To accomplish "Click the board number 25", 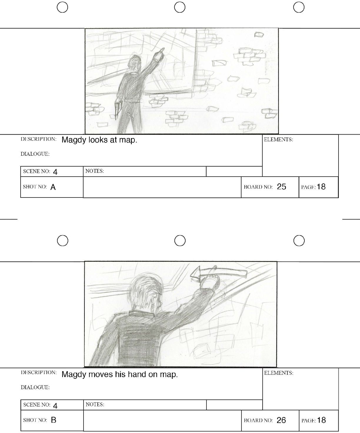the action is pyautogui.click(x=281, y=187).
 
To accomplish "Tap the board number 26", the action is pyautogui.click(x=281, y=420).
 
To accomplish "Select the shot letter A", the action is pyautogui.click(x=53, y=187).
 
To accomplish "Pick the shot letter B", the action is pyautogui.click(x=54, y=420).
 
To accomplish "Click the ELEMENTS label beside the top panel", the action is pyautogui.click(x=278, y=140).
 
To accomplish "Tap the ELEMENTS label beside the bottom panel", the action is pyautogui.click(x=279, y=373).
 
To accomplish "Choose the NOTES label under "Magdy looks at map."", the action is pyautogui.click(x=94, y=171).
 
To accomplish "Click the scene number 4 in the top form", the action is pyautogui.click(x=55, y=172).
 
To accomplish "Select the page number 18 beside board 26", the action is pyautogui.click(x=321, y=420).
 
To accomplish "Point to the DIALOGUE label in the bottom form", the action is pyautogui.click(x=35, y=387).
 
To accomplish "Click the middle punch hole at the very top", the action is pyautogui.click(x=180, y=7).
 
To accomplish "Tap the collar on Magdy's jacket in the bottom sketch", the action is pyautogui.click(x=141, y=314).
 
